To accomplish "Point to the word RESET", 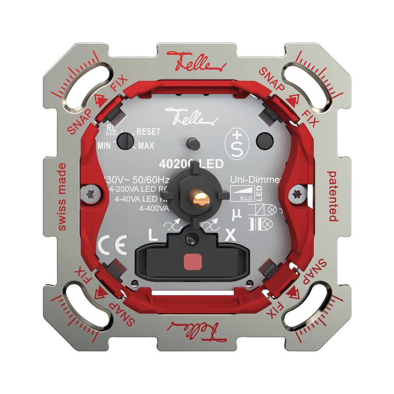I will (x=148, y=131).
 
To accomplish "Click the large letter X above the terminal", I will (x=229, y=235).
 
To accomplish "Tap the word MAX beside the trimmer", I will (x=146, y=145).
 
